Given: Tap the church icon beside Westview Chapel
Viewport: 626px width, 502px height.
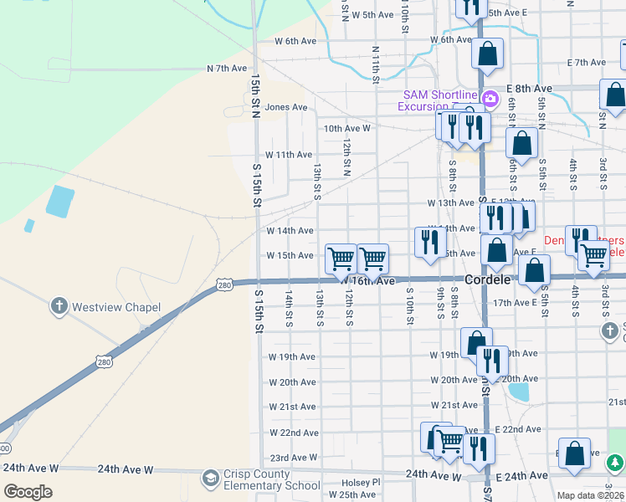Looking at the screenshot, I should coord(59,306).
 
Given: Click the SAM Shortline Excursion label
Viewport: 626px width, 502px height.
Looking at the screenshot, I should coord(439,100).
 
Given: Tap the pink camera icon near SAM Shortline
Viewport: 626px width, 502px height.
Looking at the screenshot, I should coord(491,95).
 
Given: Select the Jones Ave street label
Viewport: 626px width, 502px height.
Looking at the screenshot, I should coord(285,107).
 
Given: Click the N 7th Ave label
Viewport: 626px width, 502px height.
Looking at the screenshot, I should coord(228,68).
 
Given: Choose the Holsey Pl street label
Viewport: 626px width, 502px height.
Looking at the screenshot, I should coord(361,483).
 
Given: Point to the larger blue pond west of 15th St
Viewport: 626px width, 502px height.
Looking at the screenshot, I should coord(60,202).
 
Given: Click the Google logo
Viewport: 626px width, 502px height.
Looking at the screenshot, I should coord(28,492).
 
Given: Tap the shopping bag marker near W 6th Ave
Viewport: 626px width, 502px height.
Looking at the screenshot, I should coord(487,55).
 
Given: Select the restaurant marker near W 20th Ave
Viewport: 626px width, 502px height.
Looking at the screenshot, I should coord(492,361).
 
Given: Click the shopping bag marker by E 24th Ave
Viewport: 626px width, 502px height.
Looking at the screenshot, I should coord(574,454).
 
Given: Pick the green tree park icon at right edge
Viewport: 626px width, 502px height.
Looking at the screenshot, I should coord(615,462).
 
